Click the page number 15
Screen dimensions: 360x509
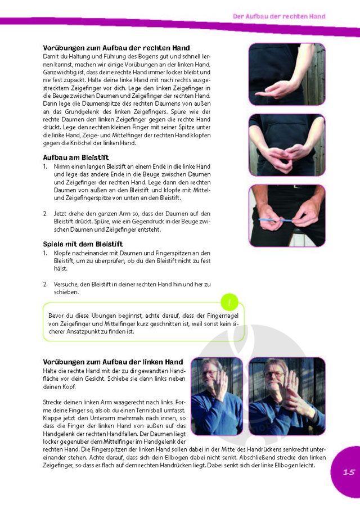click(349, 472)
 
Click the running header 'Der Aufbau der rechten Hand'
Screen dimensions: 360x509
click(279, 16)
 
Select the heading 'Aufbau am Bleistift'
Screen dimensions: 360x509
click(75, 158)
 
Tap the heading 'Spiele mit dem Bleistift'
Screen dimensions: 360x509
click(83, 244)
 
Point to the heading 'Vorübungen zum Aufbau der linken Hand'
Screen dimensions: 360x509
click(113, 362)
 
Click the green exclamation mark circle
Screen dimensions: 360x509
click(229, 303)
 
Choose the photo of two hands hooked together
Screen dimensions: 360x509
click(287, 145)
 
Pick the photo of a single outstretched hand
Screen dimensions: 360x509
click(287, 74)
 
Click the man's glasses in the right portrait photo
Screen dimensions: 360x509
click(273, 374)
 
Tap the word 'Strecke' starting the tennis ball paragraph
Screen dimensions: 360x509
click(52, 402)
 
